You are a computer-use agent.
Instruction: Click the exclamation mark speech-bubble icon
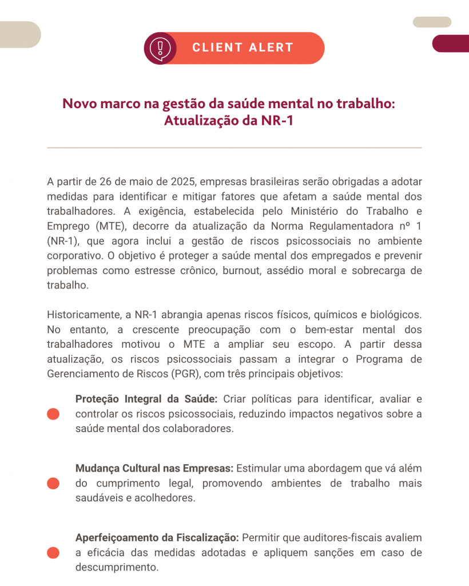point(160,47)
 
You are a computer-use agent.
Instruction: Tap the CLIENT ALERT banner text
point(243,47)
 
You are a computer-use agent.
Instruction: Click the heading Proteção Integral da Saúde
point(146,399)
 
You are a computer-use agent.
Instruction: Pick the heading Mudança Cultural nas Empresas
point(154,468)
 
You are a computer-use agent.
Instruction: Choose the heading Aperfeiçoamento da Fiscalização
point(157,538)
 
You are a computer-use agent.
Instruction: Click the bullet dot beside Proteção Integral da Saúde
point(53,414)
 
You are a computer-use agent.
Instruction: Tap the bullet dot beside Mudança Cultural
point(53,483)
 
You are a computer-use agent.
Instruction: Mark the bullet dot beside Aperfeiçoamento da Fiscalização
point(53,553)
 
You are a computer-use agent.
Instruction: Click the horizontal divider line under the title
point(234,148)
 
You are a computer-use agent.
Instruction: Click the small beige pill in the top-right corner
point(432,22)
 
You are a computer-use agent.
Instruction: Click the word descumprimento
point(116,568)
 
